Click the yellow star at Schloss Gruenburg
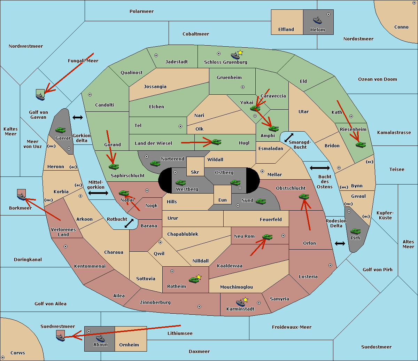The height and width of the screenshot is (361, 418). pos(240,53)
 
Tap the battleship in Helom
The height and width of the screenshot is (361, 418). pos(317,20)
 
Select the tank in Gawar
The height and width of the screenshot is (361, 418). pos(61,130)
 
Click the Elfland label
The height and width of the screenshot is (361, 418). pos(286,30)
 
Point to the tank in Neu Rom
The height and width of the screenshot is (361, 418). pos(267,237)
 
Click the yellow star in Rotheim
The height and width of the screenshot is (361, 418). pos(199,277)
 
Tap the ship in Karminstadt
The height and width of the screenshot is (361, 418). pos(240,303)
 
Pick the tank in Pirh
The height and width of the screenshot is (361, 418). pos(355,231)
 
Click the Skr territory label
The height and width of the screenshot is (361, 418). pos(195,172)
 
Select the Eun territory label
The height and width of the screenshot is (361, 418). pos(223,200)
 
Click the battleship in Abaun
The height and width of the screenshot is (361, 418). pos(100,338)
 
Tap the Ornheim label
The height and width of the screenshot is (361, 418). pos(129,345)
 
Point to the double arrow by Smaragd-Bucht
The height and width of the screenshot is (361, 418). pos(289,138)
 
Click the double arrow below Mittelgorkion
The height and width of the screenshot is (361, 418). pos(98,193)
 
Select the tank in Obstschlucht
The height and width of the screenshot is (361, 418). pos(304,197)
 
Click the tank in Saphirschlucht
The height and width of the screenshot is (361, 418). pos(114,166)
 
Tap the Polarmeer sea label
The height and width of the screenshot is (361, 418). pos(141,11)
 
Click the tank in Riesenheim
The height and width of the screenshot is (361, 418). pos(361,144)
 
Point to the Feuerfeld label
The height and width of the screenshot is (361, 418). pos(271,220)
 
